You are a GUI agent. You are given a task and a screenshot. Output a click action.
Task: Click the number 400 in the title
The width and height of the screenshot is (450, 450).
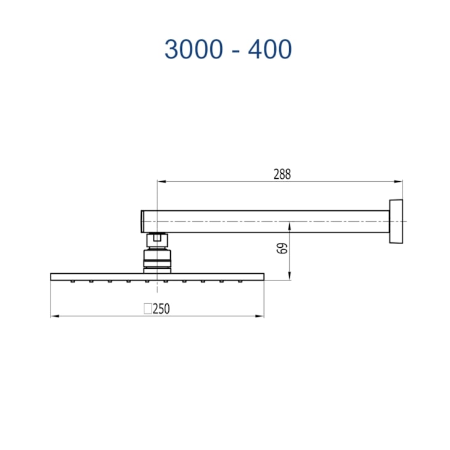(x=269, y=49)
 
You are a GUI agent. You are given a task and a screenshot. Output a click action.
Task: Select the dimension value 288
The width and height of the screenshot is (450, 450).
(x=281, y=174)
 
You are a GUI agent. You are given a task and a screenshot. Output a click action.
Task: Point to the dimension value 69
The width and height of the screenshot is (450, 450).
(x=282, y=248)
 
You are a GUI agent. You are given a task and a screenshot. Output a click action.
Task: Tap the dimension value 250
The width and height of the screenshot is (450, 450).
(x=161, y=309)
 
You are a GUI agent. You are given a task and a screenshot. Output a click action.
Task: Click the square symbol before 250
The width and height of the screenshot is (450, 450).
(x=147, y=309)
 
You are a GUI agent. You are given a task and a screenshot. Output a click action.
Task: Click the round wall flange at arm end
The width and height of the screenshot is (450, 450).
(x=396, y=221)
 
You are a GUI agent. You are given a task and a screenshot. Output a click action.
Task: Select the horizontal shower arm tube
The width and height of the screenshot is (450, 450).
(x=271, y=221)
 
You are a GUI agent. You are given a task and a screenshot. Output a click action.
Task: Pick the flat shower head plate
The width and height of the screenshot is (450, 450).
(x=157, y=276)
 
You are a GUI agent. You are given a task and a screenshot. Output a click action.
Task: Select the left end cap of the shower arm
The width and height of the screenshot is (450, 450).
(x=143, y=221)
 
